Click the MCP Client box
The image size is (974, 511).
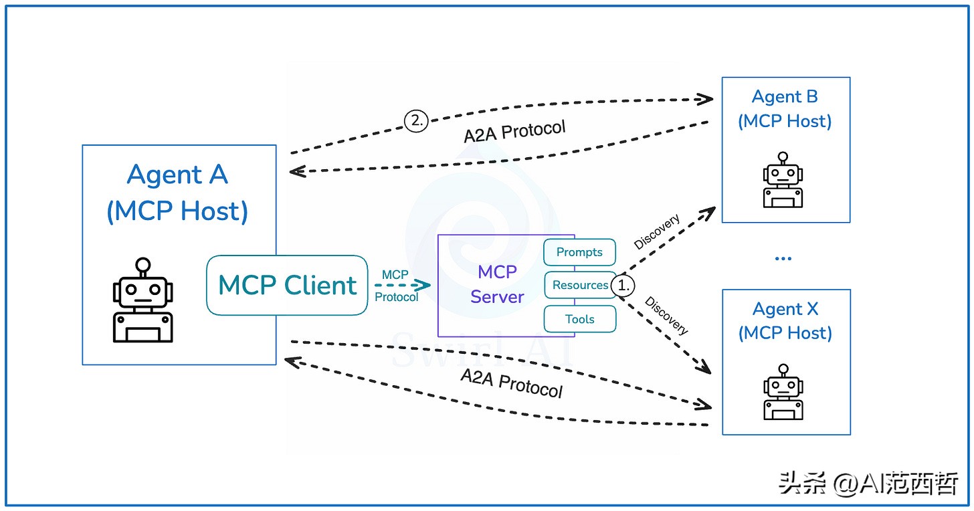(287, 285)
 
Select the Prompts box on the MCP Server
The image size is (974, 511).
(579, 252)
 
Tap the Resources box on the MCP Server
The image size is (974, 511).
(579, 285)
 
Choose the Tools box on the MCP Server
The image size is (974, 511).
(579, 319)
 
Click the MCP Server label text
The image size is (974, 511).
(497, 284)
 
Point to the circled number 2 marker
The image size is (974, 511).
(415, 120)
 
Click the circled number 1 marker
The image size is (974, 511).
(623, 285)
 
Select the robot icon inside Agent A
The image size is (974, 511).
(142, 300)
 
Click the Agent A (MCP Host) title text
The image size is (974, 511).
(178, 193)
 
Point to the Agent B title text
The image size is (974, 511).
(785, 109)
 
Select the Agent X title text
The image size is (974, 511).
(785, 321)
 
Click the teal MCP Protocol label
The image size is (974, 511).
(396, 286)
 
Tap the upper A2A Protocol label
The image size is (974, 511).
(514, 131)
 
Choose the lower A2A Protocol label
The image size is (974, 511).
(512, 383)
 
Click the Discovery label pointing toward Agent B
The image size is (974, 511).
(657, 232)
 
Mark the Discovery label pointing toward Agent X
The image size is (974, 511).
(666, 315)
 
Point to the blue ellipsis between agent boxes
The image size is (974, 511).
(783, 258)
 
